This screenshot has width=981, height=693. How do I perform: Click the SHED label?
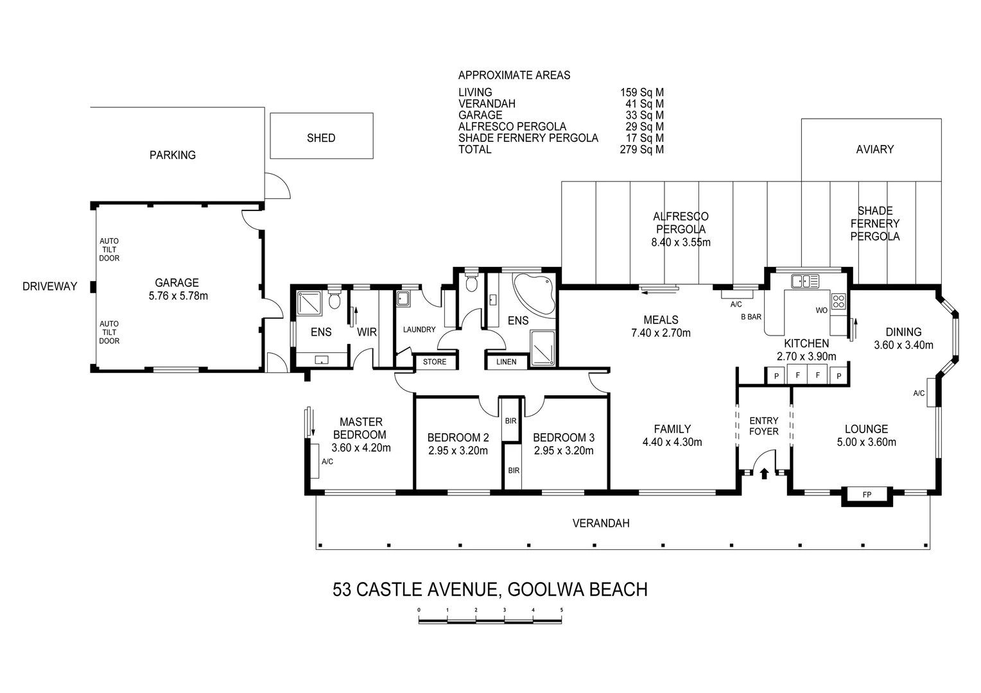321,138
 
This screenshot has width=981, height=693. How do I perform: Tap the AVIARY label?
874,149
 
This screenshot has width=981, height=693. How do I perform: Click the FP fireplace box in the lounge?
867,495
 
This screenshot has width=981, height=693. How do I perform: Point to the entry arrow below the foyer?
764,474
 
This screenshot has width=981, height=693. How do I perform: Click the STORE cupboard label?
435,362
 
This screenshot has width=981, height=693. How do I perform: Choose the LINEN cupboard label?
506,362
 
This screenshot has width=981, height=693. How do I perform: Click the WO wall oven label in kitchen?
821,311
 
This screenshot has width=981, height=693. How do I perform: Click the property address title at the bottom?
490,589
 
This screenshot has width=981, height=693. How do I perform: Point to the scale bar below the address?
490,620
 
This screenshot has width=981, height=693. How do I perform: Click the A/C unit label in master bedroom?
327,461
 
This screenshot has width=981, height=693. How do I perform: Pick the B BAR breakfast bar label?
751,317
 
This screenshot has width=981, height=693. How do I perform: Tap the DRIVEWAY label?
49,286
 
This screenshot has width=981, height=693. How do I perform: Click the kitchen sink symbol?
804,281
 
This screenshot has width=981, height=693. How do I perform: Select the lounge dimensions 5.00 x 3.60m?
866,442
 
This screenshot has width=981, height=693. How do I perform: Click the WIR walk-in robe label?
367,332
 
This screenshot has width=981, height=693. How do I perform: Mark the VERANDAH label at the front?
600,523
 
